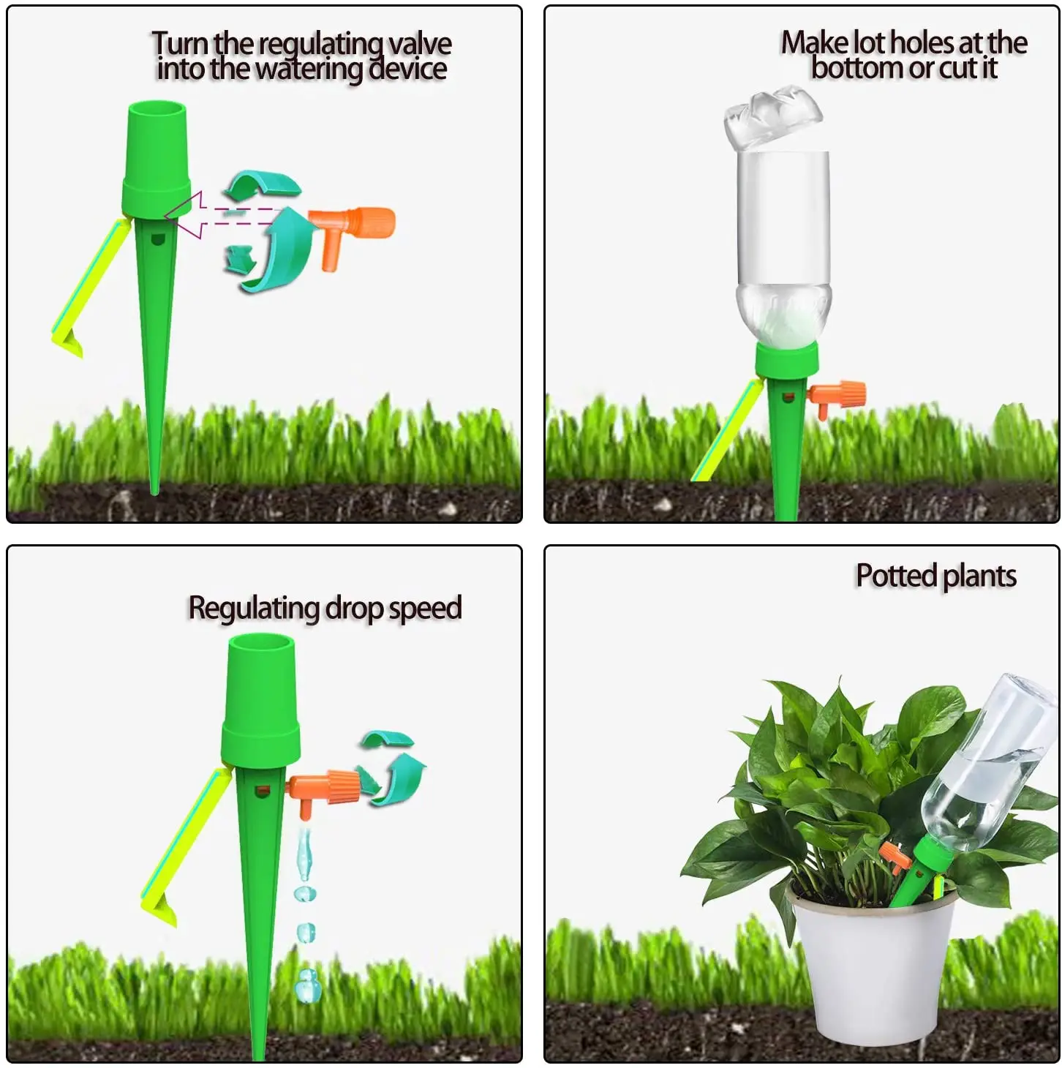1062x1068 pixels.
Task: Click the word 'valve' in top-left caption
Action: [419, 44]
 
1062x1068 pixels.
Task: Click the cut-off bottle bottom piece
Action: [772, 114]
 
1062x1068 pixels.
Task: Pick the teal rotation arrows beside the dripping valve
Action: [392, 767]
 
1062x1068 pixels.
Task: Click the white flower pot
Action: [874, 966]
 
